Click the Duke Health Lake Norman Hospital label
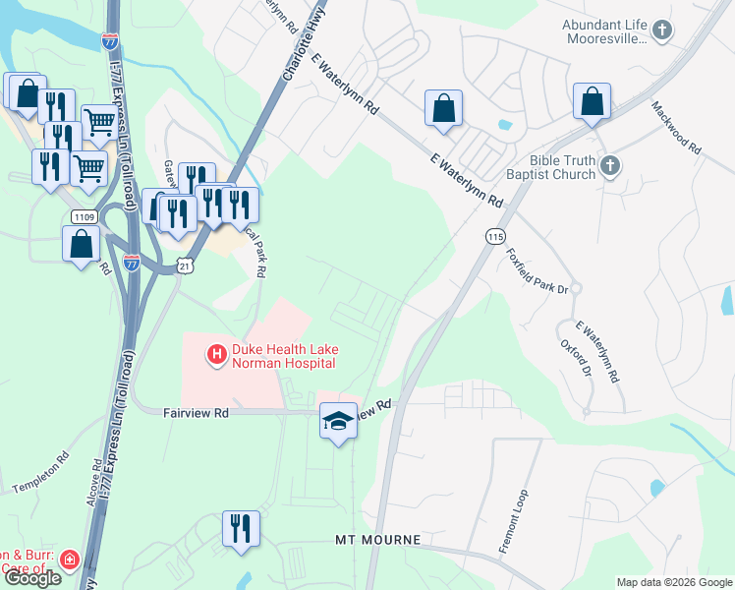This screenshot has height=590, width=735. (x=283, y=356)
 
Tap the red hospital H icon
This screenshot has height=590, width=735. (x=215, y=352)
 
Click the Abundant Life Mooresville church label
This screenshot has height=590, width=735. (x=606, y=31)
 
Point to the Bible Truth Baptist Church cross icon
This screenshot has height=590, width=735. (x=610, y=166)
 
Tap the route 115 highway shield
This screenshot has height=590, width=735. (x=495, y=237)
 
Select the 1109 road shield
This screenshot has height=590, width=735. (x=84, y=216)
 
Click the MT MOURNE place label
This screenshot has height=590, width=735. (x=378, y=541)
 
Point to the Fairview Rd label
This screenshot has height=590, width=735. (x=196, y=414)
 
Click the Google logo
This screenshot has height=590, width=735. (x=31, y=578)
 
